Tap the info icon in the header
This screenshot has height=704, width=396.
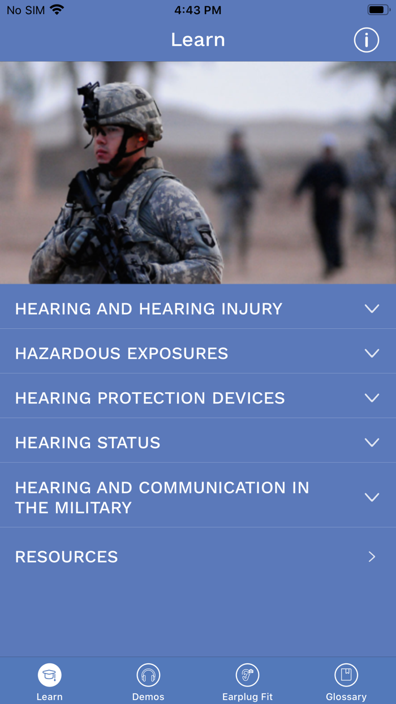pyautogui.click(x=366, y=40)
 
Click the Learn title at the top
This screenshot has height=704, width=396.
pyautogui.click(x=198, y=40)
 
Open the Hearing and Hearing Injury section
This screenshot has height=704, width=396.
pyautogui.click(x=148, y=309)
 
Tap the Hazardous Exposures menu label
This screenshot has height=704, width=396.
pyautogui.click(x=122, y=354)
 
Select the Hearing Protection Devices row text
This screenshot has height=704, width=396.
pyautogui.click(x=150, y=398)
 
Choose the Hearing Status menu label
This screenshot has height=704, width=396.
pyautogui.click(x=88, y=443)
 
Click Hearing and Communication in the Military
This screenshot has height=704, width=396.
pyautogui.click(x=162, y=497)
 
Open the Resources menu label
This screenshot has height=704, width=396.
pyautogui.click(x=66, y=557)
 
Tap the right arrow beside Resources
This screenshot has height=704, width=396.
pyautogui.click(x=372, y=557)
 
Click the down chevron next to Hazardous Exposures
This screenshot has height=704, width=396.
pyautogui.click(x=372, y=353)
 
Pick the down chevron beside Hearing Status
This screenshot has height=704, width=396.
pyautogui.click(x=372, y=443)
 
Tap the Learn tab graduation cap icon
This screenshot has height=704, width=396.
pyautogui.click(x=50, y=675)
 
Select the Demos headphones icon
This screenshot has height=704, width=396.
pyautogui.click(x=148, y=675)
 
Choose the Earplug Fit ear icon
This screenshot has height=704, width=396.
pyautogui.click(x=247, y=675)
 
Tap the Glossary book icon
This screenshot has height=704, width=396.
pyautogui.click(x=346, y=675)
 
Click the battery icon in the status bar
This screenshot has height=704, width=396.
pyautogui.click(x=378, y=10)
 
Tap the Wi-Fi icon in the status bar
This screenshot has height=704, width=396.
pyautogui.click(x=57, y=10)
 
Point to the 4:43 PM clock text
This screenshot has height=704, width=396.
pyautogui.click(x=197, y=10)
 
